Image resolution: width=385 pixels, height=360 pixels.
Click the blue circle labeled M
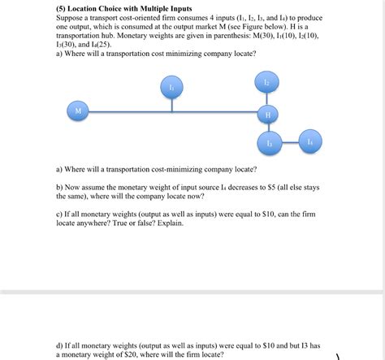click(78, 110)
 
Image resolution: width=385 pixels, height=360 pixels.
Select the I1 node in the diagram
click(171, 86)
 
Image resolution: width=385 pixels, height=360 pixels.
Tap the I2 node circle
click(266, 82)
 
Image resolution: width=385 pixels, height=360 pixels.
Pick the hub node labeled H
click(267, 114)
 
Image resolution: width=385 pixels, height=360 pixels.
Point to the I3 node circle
click(269, 142)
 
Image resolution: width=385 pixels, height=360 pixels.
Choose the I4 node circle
click(309, 141)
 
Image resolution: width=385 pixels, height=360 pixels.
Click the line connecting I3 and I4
click(289, 142)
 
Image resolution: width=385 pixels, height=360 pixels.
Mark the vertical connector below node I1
click(171, 102)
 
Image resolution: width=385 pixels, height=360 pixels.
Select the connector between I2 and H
click(267, 98)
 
